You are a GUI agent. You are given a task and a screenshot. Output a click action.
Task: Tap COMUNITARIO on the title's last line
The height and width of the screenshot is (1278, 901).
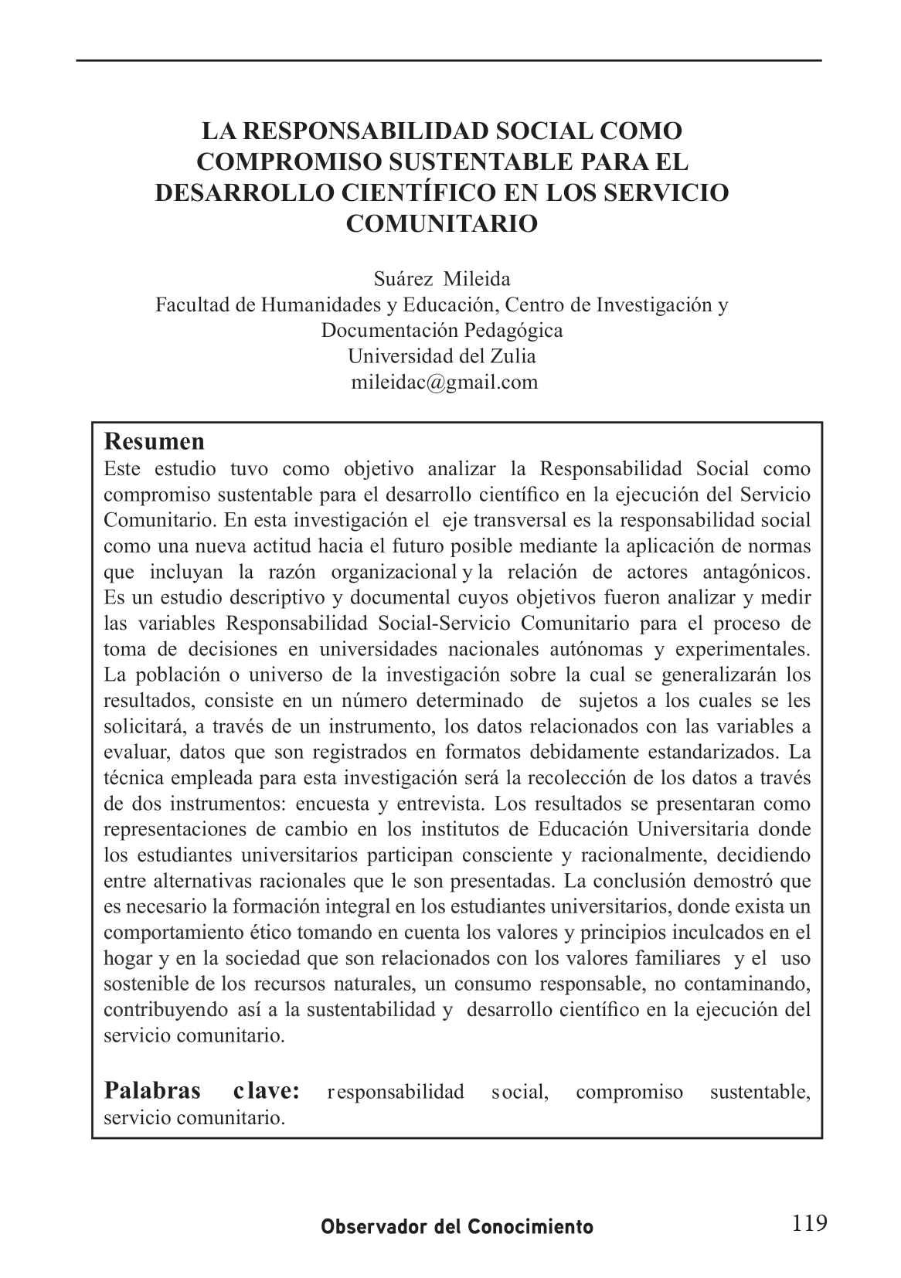pyautogui.click(x=441, y=223)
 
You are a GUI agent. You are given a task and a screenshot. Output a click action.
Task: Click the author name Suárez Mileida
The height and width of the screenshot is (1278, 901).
pyautogui.click(x=442, y=278)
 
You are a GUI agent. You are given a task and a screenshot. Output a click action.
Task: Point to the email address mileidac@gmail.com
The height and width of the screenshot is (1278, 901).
pyautogui.click(x=444, y=382)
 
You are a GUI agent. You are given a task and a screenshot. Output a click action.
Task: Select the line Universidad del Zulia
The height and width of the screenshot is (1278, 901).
pyautogui.click(x=441, y=356)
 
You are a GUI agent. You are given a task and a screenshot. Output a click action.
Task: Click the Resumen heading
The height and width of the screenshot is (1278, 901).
pyautogui.click(x=155, y=442)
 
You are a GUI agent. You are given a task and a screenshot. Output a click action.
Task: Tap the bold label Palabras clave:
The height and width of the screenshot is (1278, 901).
pyautogui.click(x=202, y=1091)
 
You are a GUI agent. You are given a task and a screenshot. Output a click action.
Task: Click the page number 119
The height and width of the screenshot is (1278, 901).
pyautogui.click(x=809, y=1223)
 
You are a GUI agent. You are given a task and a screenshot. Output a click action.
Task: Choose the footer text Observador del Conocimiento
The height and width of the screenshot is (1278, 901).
pyautogui.click(x=457, y=1227)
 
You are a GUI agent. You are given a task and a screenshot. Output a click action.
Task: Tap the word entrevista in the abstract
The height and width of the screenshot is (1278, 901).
pyautogui.click(x=440, y=804)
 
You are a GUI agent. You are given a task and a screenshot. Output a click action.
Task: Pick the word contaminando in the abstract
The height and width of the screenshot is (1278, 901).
pyautogui.click(x=756, y=984)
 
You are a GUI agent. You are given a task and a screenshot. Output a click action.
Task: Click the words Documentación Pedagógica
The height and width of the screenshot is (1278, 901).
pyautogui.click(x=442, y=330)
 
